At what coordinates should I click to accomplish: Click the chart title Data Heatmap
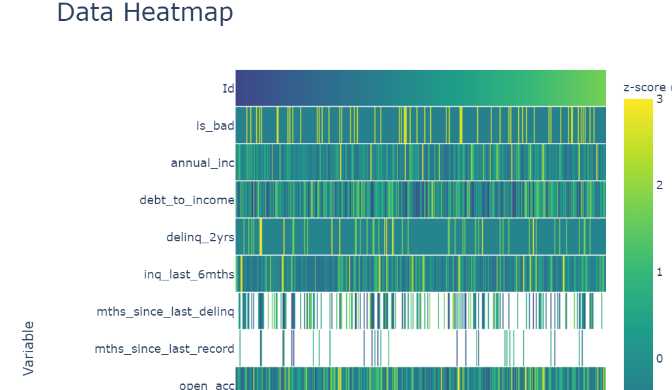145,13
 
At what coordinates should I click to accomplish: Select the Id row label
228,88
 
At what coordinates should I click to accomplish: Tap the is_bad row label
215,125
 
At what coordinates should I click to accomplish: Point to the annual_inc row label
202,162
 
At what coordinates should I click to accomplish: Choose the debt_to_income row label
186,200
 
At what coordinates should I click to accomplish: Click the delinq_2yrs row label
199,237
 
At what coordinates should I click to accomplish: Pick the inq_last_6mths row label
188,274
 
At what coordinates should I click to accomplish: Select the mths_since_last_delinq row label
165,311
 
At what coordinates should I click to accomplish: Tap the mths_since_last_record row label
164,348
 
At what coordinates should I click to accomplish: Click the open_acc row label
207,385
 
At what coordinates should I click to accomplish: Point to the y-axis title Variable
29,348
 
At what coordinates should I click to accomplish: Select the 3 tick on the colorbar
659,99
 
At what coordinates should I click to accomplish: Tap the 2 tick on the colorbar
659,186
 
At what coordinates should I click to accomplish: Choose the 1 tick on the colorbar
659,272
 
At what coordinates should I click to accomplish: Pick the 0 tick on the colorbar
659,358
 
